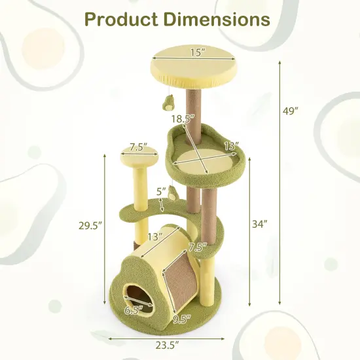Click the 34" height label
tap(259, 223)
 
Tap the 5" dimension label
tap(161, 192)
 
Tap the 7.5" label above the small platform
tap(137, 146)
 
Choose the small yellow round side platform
tap(138, 158)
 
